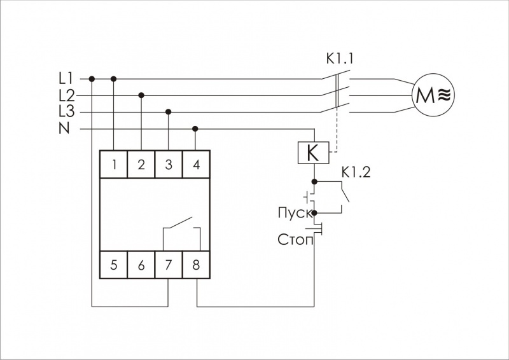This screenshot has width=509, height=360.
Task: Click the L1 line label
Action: pos(66,79)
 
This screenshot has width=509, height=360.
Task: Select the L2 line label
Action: pos(66,95)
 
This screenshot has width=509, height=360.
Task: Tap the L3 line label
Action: pos(66,112)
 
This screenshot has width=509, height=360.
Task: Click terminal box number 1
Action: pos(114,165)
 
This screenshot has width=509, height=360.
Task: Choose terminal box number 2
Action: pos(141,165)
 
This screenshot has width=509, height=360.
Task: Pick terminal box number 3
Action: pos(168,165)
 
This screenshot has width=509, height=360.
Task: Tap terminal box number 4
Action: pos(195,165)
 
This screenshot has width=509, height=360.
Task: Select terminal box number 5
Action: pos(114,265)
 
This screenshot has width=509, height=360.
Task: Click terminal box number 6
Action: pos(141,265)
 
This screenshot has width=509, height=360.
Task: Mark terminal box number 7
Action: pos(168,265)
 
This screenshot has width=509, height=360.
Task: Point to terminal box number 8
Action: pos(195,265)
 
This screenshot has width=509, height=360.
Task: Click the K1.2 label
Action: pos(357,171)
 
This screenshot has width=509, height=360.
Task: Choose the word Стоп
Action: pos(294,240)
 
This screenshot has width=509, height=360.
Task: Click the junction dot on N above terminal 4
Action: pos(195,128)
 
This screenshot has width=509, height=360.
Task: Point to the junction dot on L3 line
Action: pos(168,112)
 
